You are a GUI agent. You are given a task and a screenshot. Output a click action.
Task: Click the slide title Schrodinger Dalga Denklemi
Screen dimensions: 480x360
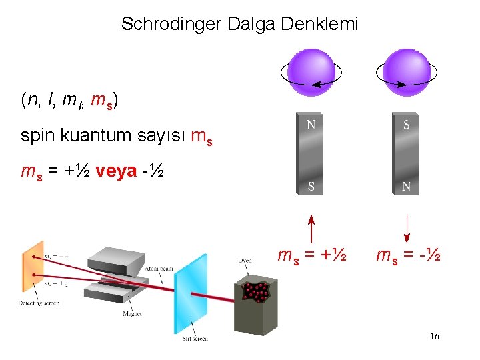[239, 25]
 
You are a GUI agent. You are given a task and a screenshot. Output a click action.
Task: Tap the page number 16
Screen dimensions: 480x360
[435, 337]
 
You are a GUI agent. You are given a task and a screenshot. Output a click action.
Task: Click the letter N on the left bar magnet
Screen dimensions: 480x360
[311, 124]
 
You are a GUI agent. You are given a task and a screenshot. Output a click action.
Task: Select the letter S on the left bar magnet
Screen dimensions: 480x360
[311, 187]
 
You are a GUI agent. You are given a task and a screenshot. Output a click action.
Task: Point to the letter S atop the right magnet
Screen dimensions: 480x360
[406, 124]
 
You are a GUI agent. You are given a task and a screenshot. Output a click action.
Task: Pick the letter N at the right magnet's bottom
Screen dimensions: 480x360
[406, 187]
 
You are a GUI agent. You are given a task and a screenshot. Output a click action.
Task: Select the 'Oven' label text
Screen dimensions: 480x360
[245, 261]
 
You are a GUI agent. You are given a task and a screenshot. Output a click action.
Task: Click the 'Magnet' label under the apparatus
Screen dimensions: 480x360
[132, 313]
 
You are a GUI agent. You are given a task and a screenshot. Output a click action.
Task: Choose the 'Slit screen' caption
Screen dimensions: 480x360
[195, 339]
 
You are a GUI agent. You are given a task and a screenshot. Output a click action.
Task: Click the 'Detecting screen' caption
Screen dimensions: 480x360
[39, 303]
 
